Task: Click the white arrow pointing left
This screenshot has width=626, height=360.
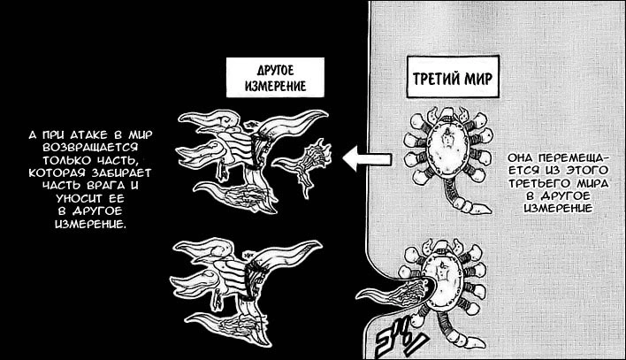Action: tap(367, 159)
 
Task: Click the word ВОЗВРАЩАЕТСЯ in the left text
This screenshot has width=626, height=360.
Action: tap(87, 148)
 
